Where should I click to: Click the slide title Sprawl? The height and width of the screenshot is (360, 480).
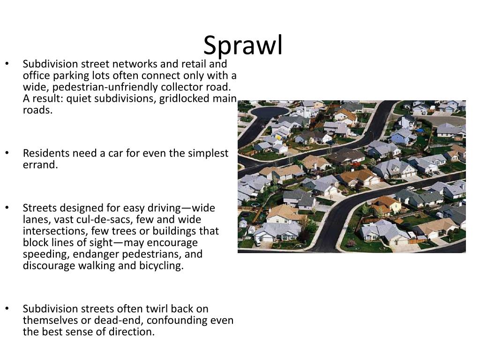(x=243, y=45)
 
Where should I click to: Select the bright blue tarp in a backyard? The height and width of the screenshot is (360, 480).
(x=420, y=131)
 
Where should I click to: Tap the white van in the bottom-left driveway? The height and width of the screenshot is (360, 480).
(x=257, y=243)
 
